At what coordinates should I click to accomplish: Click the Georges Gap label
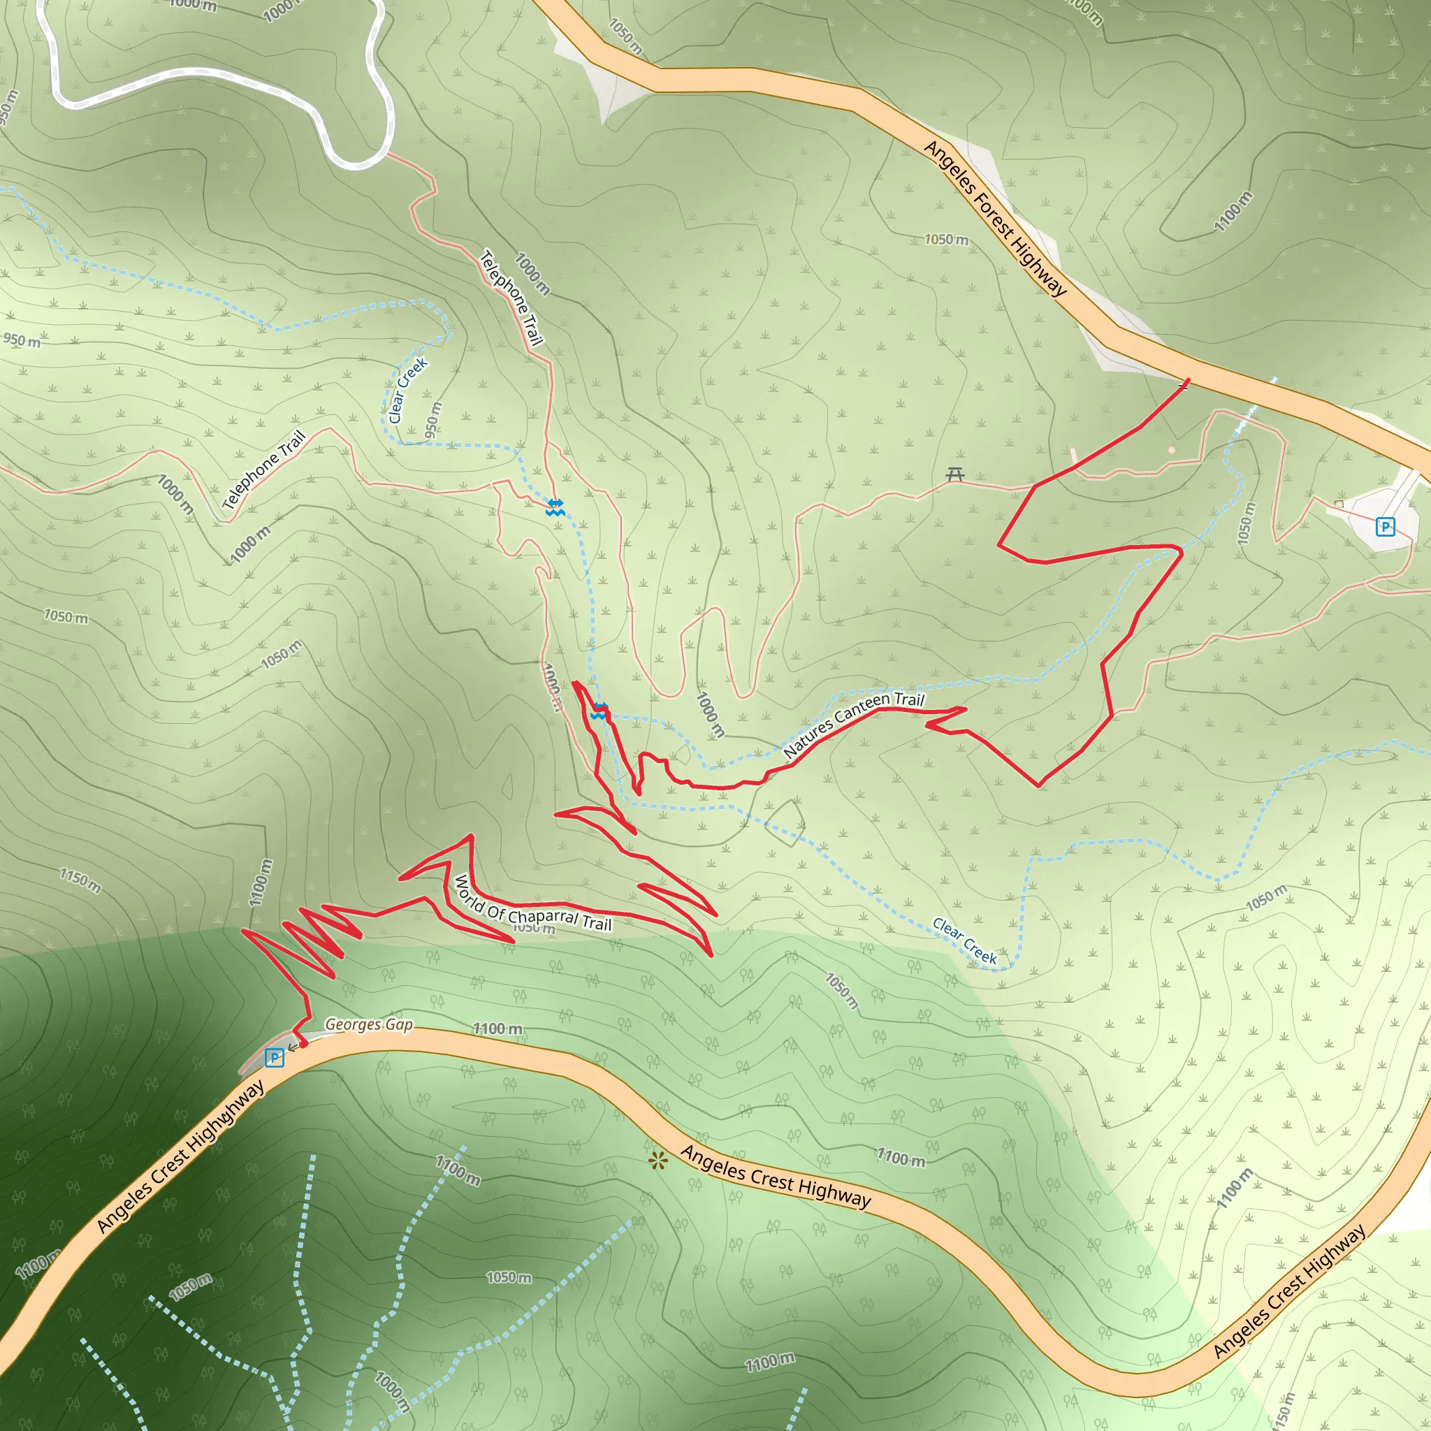pyautogui.click(x=369, y=1024)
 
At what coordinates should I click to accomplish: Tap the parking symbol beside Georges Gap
pyautogui.click(x=274, y=1057)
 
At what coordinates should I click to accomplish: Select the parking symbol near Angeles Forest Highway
pyautogui.click(x=1384, y=527)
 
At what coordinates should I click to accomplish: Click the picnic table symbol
pyautogui.click(x=954, y=474)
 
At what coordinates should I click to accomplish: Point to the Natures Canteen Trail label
pyautogui.click(x=853, y=724)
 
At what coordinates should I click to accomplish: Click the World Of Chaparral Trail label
pyautogui.click(x=532, y=903)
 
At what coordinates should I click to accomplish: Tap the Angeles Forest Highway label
pyautogui.click(x=994, y=218)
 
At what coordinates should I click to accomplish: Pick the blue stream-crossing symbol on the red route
pyautogui.click(x=600, y=711)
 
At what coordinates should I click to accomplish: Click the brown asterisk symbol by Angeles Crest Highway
pyautogui.click(x=657, y=1160)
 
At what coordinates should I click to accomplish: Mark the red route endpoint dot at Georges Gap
pyautogui.click(x=303, y=1044)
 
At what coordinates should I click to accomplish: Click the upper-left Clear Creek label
pyautogui.click(x=407, y=391)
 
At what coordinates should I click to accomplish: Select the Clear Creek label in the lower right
pyautogui.click(x=964, y=940)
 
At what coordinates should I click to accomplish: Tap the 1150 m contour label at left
pyautogui.click(x=80, y=880)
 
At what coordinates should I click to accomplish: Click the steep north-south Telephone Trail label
pyautogui.click(x=511, y=298)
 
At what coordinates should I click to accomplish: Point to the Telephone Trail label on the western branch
pyautogui.click(x=264, y=470)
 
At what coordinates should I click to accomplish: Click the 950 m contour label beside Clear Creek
pyautogui.click(x=433, y=420)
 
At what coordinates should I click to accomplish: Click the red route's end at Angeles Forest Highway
pyautogui.click(x=1186, y=382)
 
